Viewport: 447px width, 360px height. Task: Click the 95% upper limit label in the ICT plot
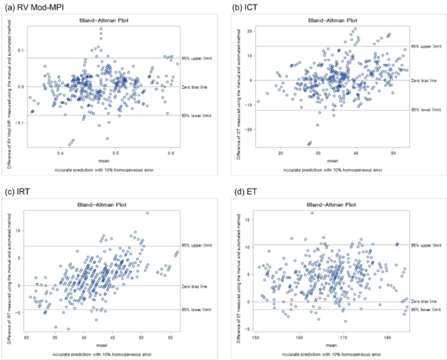tap(425, 46)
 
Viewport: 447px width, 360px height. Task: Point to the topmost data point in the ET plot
tap(312, 213)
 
